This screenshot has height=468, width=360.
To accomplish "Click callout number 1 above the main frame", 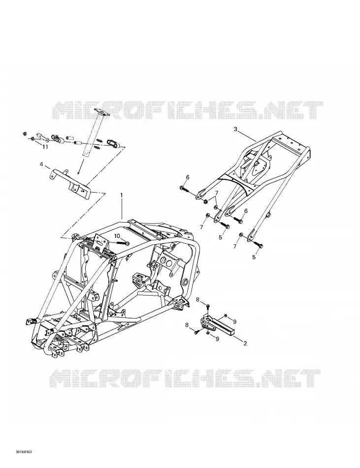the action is tap(121, 195).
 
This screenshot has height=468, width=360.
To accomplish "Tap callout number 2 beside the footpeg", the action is tap(245, 343).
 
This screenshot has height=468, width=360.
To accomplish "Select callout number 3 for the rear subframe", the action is tap(235, 129).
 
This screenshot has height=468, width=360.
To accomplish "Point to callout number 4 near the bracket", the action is tap(41, 164).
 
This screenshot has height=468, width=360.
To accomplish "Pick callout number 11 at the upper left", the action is tap(45, 147).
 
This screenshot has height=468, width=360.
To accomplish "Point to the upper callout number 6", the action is tap(187, 177).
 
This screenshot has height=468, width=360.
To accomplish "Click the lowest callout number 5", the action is tap(254, 257).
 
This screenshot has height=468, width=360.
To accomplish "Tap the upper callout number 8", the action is tap(197, 300).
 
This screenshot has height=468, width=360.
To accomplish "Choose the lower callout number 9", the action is tap(217, 339).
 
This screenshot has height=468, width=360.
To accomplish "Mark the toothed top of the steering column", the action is tap(101, 112).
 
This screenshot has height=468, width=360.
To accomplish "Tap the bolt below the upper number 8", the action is tap(208, 306).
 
